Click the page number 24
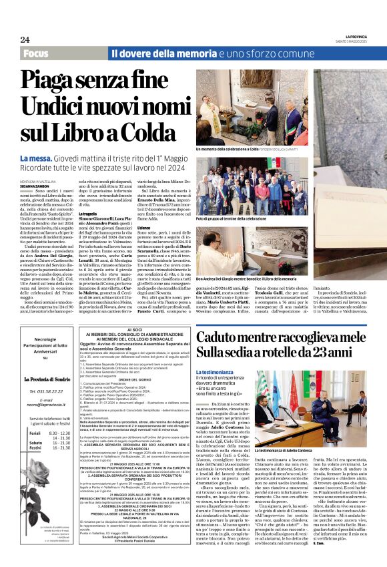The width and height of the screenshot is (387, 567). pos(25,39)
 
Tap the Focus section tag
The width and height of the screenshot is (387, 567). pos(39,53)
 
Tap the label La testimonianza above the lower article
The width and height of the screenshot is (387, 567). pos(215,371)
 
